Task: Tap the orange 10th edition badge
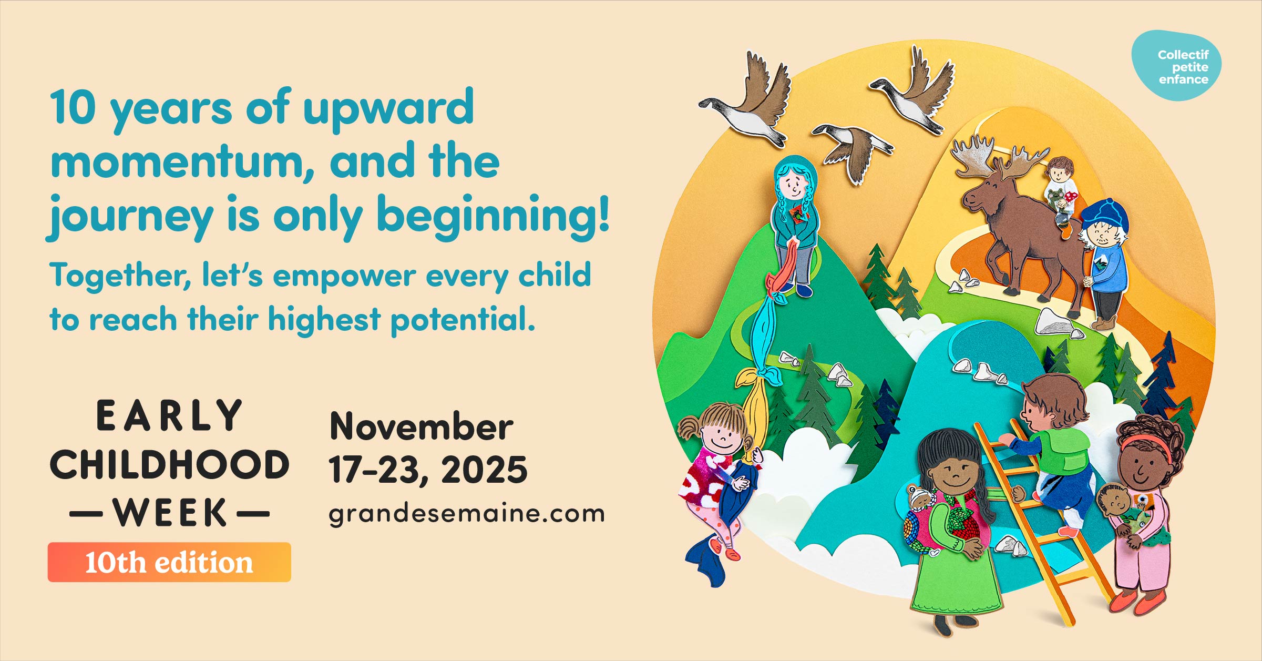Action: (169, 562)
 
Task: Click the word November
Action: (421, 426)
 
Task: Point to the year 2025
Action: (484, 470)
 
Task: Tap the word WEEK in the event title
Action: (169, 513)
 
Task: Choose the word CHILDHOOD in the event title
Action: (169, 465)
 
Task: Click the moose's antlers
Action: (993, 155)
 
